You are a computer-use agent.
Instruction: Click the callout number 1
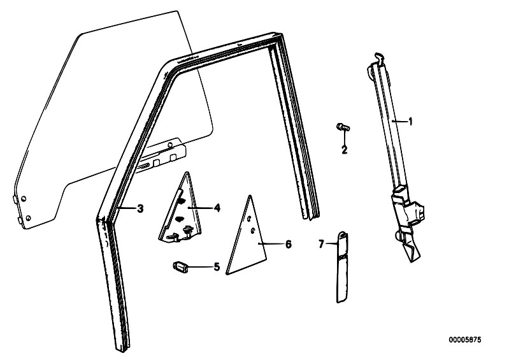[410, 122]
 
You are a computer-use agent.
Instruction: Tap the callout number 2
[344, 150]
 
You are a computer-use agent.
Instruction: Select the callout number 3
[140, 208]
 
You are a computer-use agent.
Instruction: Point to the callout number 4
[217, 208]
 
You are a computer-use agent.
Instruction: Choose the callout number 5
[217, 267]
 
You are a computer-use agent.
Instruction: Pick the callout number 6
[288, 244]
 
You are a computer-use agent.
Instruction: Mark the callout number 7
[321, 244]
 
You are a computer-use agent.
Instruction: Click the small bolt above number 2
[343, 127]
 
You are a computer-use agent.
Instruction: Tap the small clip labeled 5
[180, 267]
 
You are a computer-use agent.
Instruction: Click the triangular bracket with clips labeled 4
[181, 211]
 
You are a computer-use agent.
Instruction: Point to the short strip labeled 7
[342, 267]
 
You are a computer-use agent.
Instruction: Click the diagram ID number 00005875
[465, 340]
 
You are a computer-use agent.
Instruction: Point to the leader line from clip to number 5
[199, 267]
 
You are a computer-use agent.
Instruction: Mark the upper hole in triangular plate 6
[248, 219]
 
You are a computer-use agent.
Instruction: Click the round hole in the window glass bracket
[169, 145]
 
